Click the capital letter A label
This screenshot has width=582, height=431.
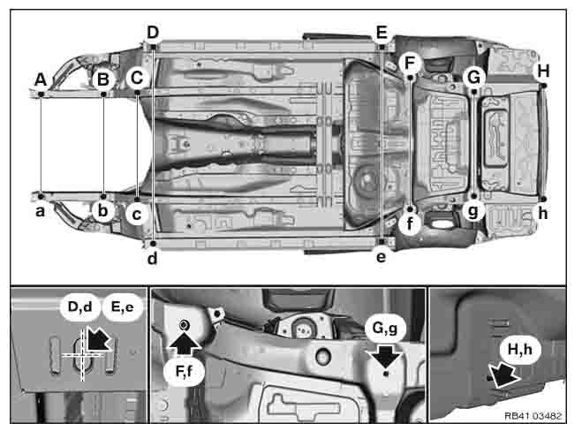[x=41, y=79]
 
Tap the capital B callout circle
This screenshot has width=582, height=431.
[x=103, y=79]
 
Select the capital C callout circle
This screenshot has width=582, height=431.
[x=137, y=78]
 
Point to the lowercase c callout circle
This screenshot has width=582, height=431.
[x=137, y=215]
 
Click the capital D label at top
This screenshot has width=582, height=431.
[x=153, y=33]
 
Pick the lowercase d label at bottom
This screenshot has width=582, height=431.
[x=152, y=258]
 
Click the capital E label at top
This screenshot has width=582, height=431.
[x=382, y=33]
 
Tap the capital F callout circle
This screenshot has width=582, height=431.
[x=410, y=63]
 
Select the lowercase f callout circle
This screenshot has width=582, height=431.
[x=410, y=223]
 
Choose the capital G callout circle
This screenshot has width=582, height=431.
[x=474, y=77]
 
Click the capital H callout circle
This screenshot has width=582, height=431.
[x=543, y=71]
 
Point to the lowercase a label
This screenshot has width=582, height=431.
[x=40, y=212]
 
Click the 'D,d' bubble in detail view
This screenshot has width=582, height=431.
[x=80, y=306]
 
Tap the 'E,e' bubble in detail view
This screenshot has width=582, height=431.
[x=123, y=306]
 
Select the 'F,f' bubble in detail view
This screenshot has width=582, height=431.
[x=184, y=370]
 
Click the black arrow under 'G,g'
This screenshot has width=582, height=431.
[x=386, y=357]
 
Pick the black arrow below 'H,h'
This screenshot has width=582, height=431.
[x=503, y=375]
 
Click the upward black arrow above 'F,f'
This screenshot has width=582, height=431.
[x=185, y=344]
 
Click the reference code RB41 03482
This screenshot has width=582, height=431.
[x=533, y=416]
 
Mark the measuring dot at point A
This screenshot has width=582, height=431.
[x=41, y=94]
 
